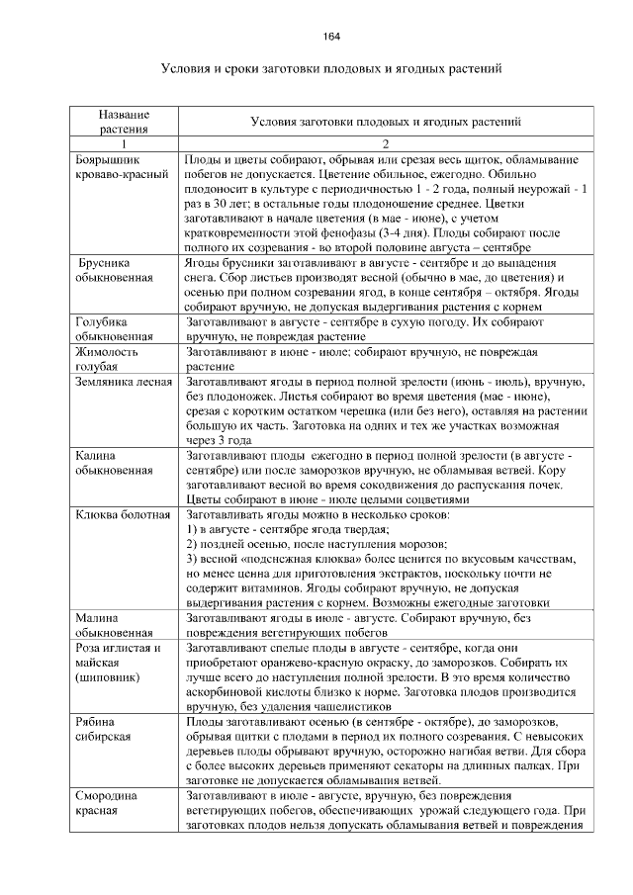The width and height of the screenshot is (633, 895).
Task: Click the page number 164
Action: click(x=332, y=37)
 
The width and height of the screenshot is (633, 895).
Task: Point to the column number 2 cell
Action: click(x=386, y=143)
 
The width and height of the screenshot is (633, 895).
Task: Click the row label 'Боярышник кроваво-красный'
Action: click(x=115, y=166)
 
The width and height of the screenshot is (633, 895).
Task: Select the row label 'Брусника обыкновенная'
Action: click(x=115, y=271)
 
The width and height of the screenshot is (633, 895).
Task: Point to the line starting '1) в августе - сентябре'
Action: click(x=288, y=530)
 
